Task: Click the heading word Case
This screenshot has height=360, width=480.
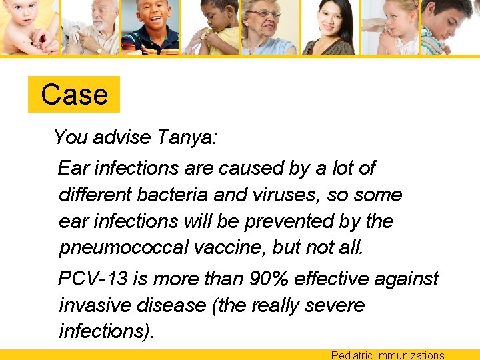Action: tap(74, 95)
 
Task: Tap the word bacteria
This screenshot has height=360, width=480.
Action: tap(177, 195)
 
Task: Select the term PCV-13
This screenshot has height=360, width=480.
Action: tap(93, 278)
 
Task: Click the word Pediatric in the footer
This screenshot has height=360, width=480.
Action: tap(351, 355)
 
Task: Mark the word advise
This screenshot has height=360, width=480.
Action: tap(122, 137)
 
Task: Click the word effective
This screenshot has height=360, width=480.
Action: tap(341, 278)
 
